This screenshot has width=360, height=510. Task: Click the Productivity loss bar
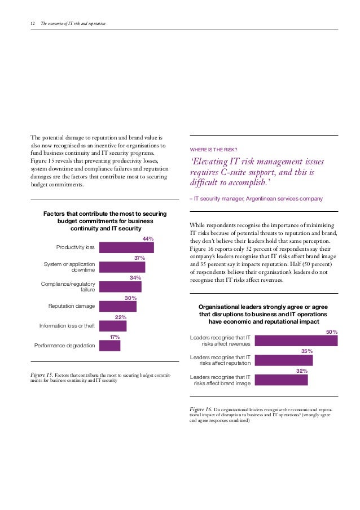pyautogui.click(x=126, y=247)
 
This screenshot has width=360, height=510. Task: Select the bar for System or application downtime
pyautogui.click(x=122, y=267)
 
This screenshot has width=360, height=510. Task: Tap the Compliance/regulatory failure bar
pyautogui.click(x=120, y=286)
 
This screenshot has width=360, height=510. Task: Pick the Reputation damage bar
pyautogui.click(x=118, y=306)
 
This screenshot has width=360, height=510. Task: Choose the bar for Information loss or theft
pyautogui.click(x=113, y=326)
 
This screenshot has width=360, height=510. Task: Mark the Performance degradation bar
pyautogui.click(x=109, y=345)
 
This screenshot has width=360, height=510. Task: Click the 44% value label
pyautogui.click(x=148, y=239)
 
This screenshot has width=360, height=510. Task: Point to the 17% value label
pyautogui.click(x=115, y=337)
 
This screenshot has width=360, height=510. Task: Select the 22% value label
pyautogui.click(x=121, y=317)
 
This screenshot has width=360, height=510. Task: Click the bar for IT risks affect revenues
pyautogui.click(x=296, y=341)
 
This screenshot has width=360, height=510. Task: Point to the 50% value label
pyautogui.click(x=332, y=332)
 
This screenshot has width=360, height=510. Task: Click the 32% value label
pyautogui.click(x=302, y=371)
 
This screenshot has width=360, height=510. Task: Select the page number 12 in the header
pyautogui.click(x=32, y=23)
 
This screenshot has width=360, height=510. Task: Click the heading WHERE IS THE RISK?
pyautogui.click(x=217, y=149)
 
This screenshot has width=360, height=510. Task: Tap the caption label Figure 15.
pyautogui.click(x=42, y=374)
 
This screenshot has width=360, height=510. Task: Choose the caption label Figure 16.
pyautogui.click(x=200, y=409)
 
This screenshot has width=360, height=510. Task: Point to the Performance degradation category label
pyautogui.click(x=65, y=345)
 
